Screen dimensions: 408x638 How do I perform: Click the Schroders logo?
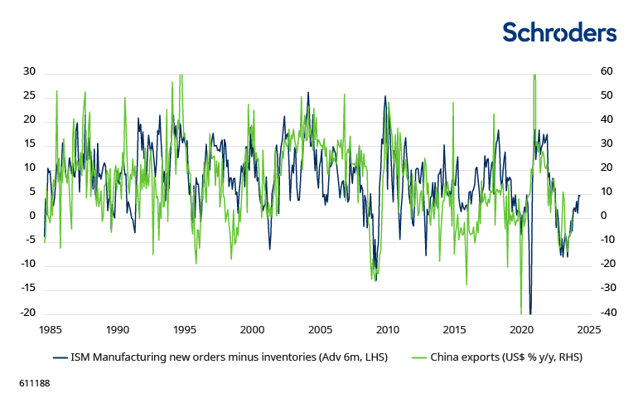coord(559,32)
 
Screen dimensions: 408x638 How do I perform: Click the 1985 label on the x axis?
coord(50,329)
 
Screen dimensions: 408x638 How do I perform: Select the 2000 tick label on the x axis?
coord(252,329)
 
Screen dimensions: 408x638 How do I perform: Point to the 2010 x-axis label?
coord(387,329)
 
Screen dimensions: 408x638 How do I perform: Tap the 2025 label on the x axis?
coord(589,329)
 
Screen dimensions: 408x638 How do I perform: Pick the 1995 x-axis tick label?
coord(185,329)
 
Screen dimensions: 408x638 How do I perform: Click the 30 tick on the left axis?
coord(29,71)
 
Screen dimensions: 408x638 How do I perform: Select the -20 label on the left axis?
coord(27,313)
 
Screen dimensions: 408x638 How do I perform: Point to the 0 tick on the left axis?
coord(32,216)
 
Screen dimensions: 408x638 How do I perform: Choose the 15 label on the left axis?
coord(29,143)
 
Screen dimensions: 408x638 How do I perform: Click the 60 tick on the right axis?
coord(607,71)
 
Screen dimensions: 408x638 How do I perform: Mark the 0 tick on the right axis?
coord(604,216)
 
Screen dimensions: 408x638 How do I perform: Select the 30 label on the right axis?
coord(607,143)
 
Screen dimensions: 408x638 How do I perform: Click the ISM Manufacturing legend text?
coord(229,357)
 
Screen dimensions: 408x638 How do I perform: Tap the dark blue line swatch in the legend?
coord(59,357)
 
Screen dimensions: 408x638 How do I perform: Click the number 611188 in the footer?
coord(34,386)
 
